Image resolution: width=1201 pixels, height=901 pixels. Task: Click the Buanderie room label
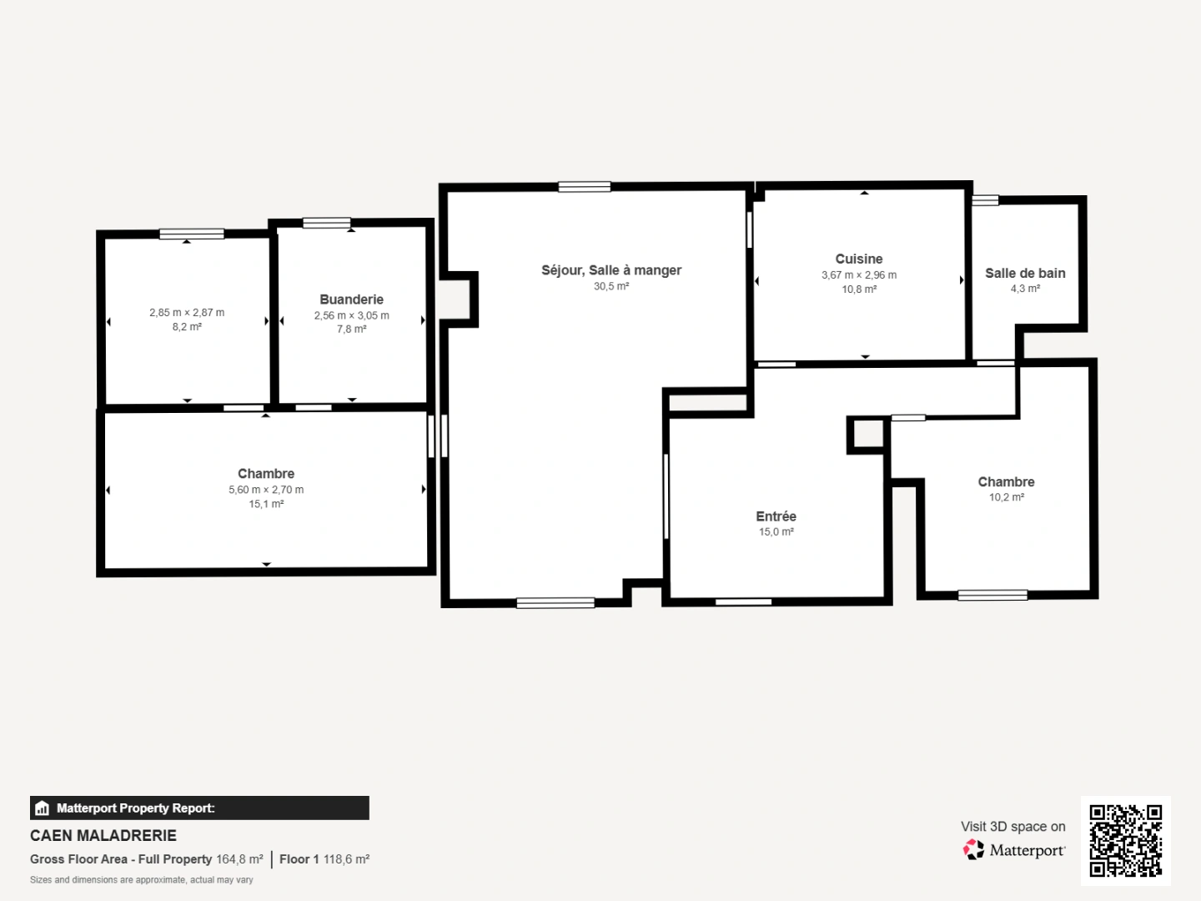click(351, 299)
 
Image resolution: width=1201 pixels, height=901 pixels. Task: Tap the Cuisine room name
click(858, 259)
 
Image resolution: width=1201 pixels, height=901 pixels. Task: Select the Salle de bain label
click(1025, 274)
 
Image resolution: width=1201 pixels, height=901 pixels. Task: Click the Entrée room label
click(776, 516)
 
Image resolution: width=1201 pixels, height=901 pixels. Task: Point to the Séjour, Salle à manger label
click(611, 270)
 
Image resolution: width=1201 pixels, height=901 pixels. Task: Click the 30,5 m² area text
click(611, 286)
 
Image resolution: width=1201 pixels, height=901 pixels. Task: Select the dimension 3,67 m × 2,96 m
click(858, 275)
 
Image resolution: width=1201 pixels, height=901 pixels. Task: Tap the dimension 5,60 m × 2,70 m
click(266, 490)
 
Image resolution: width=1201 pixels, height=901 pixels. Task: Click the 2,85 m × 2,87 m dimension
click(187, 313)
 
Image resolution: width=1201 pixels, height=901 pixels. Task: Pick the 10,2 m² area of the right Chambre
click(1006, 497)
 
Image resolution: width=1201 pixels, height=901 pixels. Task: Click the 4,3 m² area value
click(1025, 289)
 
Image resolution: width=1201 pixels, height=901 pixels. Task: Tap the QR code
click(1125, 840)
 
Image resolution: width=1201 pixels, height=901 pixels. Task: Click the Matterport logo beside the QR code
click(973, 850)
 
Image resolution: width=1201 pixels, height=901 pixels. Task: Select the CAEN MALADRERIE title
click(103, 835)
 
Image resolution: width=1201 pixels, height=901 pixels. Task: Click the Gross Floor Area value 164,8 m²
click(239, 859)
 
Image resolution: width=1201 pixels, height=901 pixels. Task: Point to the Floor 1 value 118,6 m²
click(346, 859)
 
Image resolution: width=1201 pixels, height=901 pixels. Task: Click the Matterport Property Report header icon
click(43, 808)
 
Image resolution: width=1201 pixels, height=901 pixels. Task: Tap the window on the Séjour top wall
click(584, 187)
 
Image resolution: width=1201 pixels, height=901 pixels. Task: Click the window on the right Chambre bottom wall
click(992, 595)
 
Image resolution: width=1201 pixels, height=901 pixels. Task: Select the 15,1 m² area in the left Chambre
click(266, 504)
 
